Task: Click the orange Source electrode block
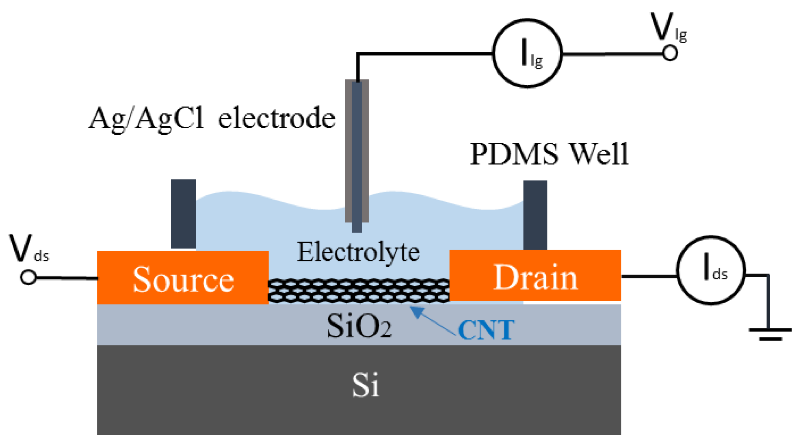click(x=183, y=278)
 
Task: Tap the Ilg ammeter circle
click(x=528, y=53)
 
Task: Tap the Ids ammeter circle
click(x=711, y=270)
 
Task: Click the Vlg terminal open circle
click(x=670, y=53)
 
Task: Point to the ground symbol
click(x=770, y=333)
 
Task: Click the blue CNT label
click(x=486, y=330)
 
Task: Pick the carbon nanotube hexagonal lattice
click(x=359, y=291)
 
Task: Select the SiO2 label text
click(x=359, y=326)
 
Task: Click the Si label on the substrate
click(x=365, y=385)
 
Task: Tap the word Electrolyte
click(x=358, y=253)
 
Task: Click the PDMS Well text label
click(x=549, y=154)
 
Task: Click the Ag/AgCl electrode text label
click(x=212, y=119)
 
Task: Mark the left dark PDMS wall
click(x=183, y=214)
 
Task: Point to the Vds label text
click(x=28, y=248)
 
